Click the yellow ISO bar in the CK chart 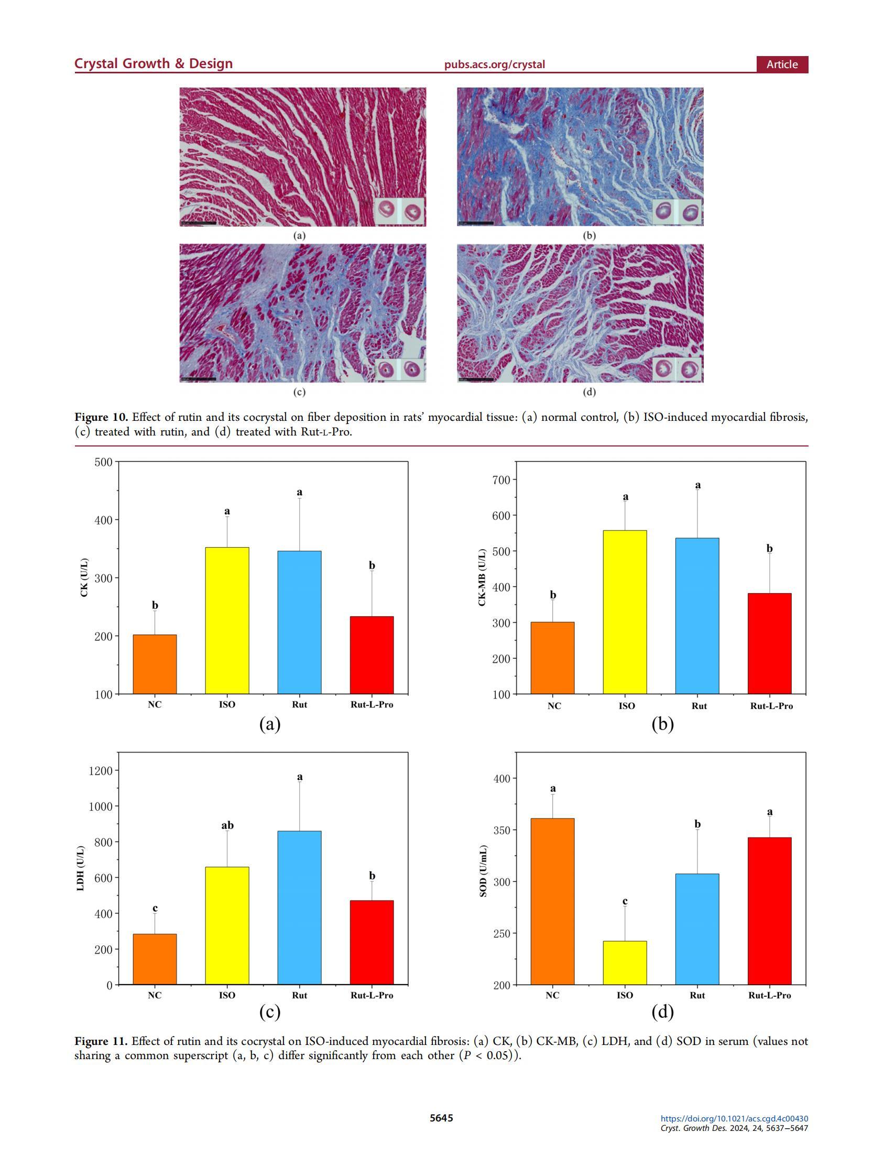tap(227, 620)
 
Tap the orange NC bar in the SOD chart tap(552, 901)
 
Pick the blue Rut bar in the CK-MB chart tap(697, 616)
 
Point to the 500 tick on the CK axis tap(104, 462)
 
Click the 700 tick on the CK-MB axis tap(501, 480)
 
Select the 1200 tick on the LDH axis tap(101, 771)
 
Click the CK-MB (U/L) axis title tap(482, 577)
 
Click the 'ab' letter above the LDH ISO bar tap(227, 825)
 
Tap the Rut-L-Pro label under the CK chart tap(372, 704)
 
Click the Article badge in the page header tap(782, 64)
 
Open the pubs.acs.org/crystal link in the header tap(494, 64)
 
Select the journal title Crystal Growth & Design tap(154, 64)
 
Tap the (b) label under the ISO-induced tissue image tap(589, 236)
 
